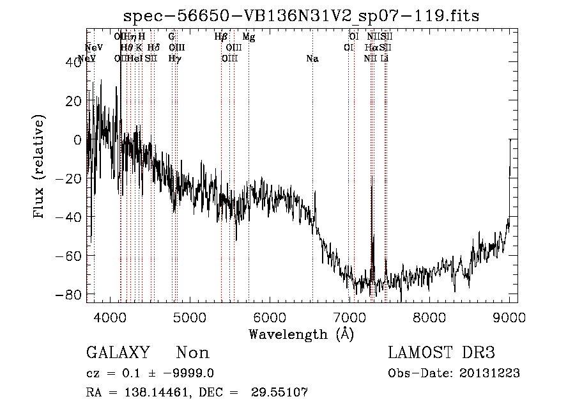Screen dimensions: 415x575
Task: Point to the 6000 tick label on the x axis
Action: pos(270,317)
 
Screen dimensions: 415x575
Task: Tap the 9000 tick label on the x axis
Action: pos(509,317)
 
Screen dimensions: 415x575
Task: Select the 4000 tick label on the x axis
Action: pos(111,317)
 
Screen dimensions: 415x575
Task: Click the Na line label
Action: pos(312,59)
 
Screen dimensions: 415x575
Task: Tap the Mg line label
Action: pos(249,38)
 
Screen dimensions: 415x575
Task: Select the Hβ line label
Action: pos(221,38)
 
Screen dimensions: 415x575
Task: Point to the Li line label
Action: pos(384,59)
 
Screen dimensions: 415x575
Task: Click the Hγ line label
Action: pos(174,59)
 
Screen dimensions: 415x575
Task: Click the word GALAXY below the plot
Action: pos(118,354)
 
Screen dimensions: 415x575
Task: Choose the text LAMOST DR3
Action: pos(441,353)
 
